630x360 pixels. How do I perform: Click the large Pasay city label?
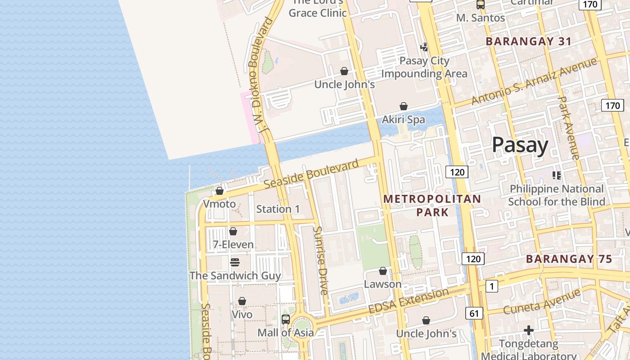pyautogui.click(x=520, y=145)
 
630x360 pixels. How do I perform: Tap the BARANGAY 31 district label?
pyautogui.click(x=529, y=41)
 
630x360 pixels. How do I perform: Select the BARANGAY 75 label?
pyautogui.click(x=569, y=259)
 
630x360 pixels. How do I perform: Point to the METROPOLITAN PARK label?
pyautogui.click(x=432, y=205)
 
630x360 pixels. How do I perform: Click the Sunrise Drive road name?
pyautogui.click(x=320, y=261)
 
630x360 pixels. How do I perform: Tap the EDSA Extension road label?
pyautogui.click(x=408, y=301)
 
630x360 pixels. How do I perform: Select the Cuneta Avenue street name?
pyautogui.click(x=542, y=302)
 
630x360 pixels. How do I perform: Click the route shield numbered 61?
pyautogui.click(x=474, y=313)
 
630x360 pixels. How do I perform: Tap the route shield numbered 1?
pyautogui.click(x=492, y=286)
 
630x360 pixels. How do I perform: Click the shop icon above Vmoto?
pyautogui.click(x=220, y=191)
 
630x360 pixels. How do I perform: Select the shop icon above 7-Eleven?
pyautogui.click(x=233, y=231)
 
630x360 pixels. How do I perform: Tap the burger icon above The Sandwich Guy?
pyautogui.click(x=234, y=262)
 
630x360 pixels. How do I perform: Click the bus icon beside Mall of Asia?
pyautogui.click(x=286, y=319)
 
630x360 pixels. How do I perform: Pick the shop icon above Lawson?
pyautogui.click(x=382, y=271)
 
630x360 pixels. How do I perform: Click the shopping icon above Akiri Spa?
pyautogui.click(x=404, y=106)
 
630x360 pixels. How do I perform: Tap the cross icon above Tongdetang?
pyautogui.click(x=529, y=331)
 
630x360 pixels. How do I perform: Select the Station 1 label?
pyautogui.click(x=278, y=209)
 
